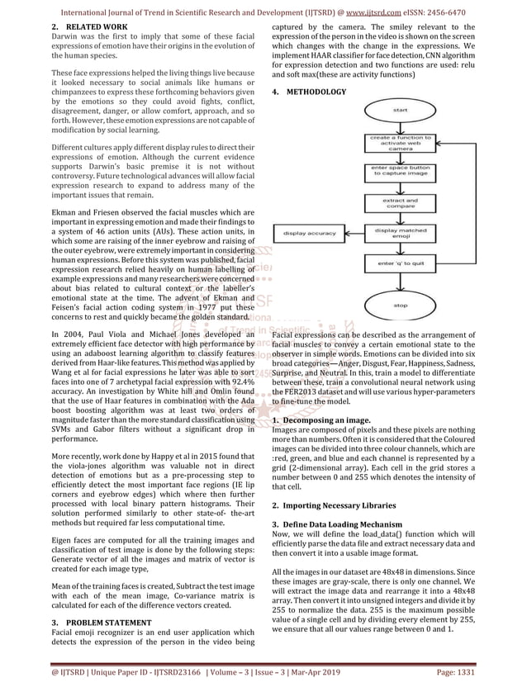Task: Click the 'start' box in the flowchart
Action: click(399, 109)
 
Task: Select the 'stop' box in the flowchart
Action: click(400, 305)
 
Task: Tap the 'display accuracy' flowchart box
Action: click(310, 234)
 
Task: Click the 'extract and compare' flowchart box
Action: click(400, 203)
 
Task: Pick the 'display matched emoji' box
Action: click(400, 234)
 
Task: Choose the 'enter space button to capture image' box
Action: click(400, 172)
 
